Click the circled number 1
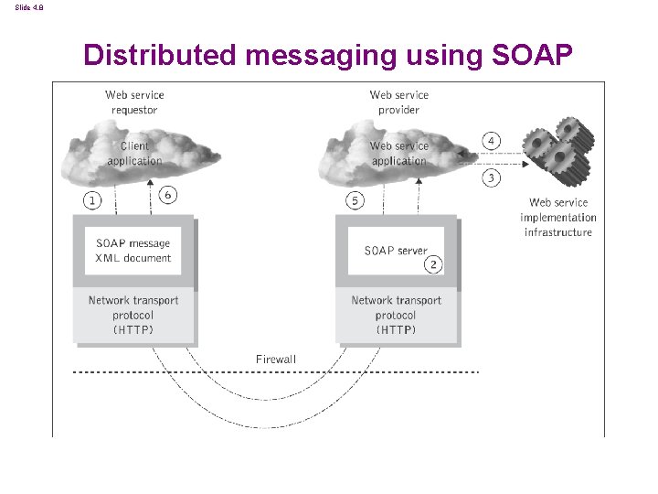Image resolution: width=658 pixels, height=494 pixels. (91, 199)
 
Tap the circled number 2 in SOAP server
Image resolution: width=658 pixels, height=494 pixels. (433, 263)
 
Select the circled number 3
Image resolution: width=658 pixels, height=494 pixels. (492, 177)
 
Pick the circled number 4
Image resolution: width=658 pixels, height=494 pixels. (492, 141)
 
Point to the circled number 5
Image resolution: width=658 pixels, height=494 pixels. (356, 199)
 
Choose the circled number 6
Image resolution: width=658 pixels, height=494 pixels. (166, 194)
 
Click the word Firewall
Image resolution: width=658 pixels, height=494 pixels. (276, 360)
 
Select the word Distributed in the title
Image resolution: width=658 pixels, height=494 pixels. (158, 56)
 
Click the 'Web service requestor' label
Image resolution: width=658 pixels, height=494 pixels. (134, 102)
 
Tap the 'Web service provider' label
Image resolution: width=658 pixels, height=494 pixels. (398, 102)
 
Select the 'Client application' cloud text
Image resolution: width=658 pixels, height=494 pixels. (134, 154)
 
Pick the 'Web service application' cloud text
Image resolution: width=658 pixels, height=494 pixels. (398, 154)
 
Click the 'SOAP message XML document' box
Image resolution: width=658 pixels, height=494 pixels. (133, 251)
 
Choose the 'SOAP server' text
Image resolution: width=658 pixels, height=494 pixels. (395, 251)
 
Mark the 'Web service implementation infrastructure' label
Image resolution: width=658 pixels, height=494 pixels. (557, 218)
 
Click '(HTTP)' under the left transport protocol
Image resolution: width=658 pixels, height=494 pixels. (133, 330)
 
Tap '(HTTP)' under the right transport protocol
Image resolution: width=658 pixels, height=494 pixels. (396, 330)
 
